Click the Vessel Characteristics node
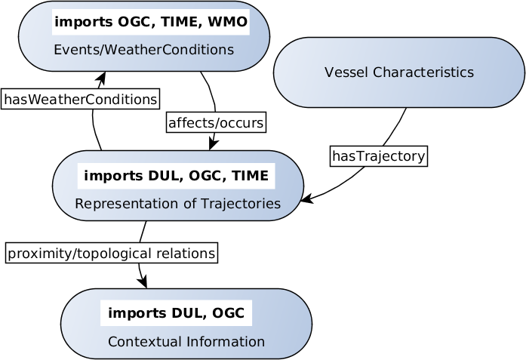point(399,72)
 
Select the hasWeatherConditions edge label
point(81,99)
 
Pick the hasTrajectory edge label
point(379,157)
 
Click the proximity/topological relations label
point(111,253)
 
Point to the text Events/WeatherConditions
point(143,50)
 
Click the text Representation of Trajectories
point(177,204)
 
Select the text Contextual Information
point(186,342)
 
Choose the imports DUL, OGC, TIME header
point(176,177)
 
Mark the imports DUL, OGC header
point(176,313)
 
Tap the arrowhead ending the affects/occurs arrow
point(214,144)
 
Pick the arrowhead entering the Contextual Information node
point(143,282)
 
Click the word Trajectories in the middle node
point(244,204)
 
